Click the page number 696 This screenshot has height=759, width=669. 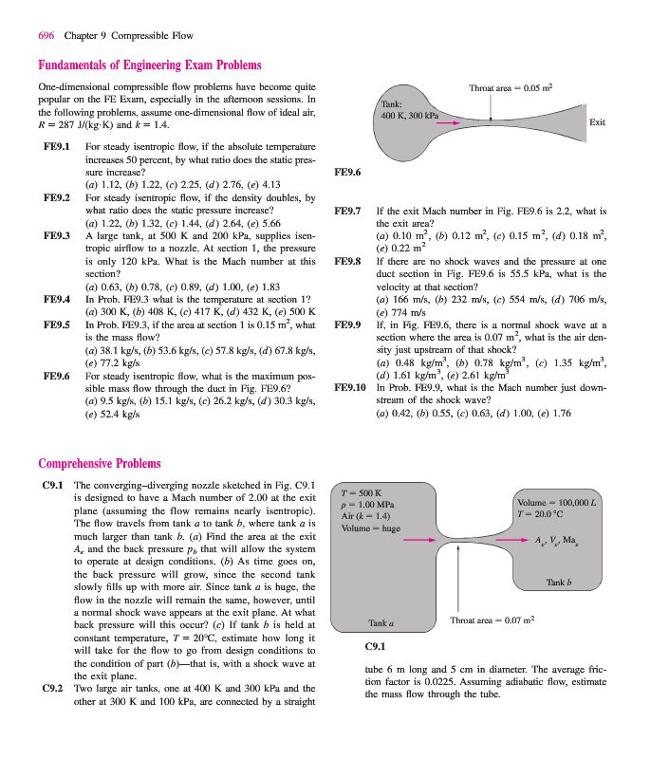pos(46,36)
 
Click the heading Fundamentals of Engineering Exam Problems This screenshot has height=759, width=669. pos(149,65)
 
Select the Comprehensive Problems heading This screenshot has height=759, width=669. pos(100,464)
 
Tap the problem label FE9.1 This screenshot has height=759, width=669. pos(57,148)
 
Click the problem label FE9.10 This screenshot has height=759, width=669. pos(351,388)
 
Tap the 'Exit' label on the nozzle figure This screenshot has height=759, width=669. pos(597,122)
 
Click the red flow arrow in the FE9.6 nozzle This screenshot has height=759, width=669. pos(449,123)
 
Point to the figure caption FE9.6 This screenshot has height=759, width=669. pos(349,173)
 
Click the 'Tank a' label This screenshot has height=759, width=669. pos(381,622)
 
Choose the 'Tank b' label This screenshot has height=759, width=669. pos(557,582)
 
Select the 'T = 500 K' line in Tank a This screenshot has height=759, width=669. pos(365,491)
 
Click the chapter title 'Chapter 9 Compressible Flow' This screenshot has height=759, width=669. pos(128,36)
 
